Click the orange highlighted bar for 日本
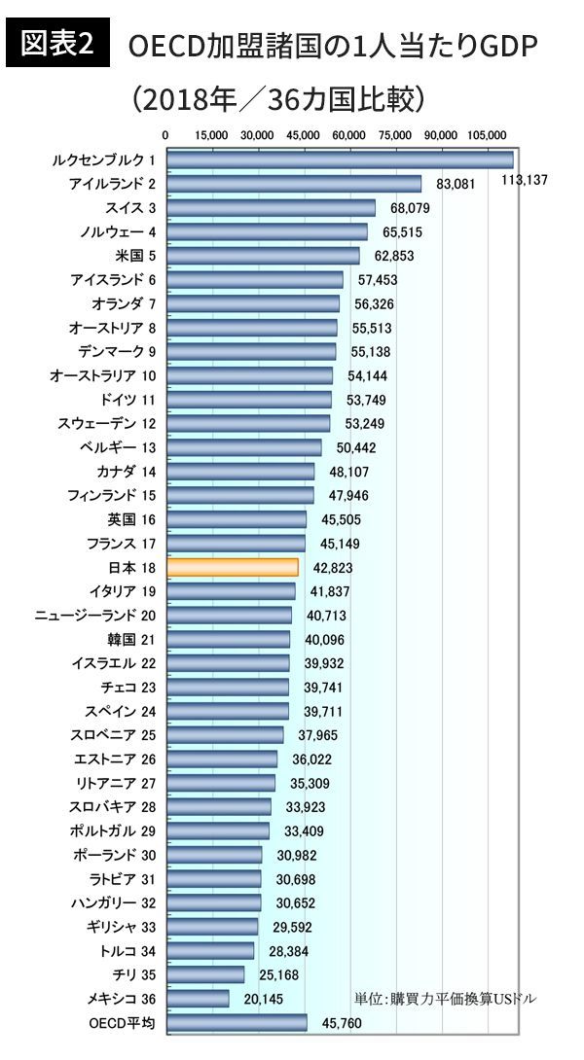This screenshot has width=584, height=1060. click(233, 567)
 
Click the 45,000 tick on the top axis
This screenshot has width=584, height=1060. click(304, 135)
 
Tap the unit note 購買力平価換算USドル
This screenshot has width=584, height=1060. click(445, 998)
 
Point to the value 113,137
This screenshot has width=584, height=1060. click(525, 180)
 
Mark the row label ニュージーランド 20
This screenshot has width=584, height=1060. click(94, 615)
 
